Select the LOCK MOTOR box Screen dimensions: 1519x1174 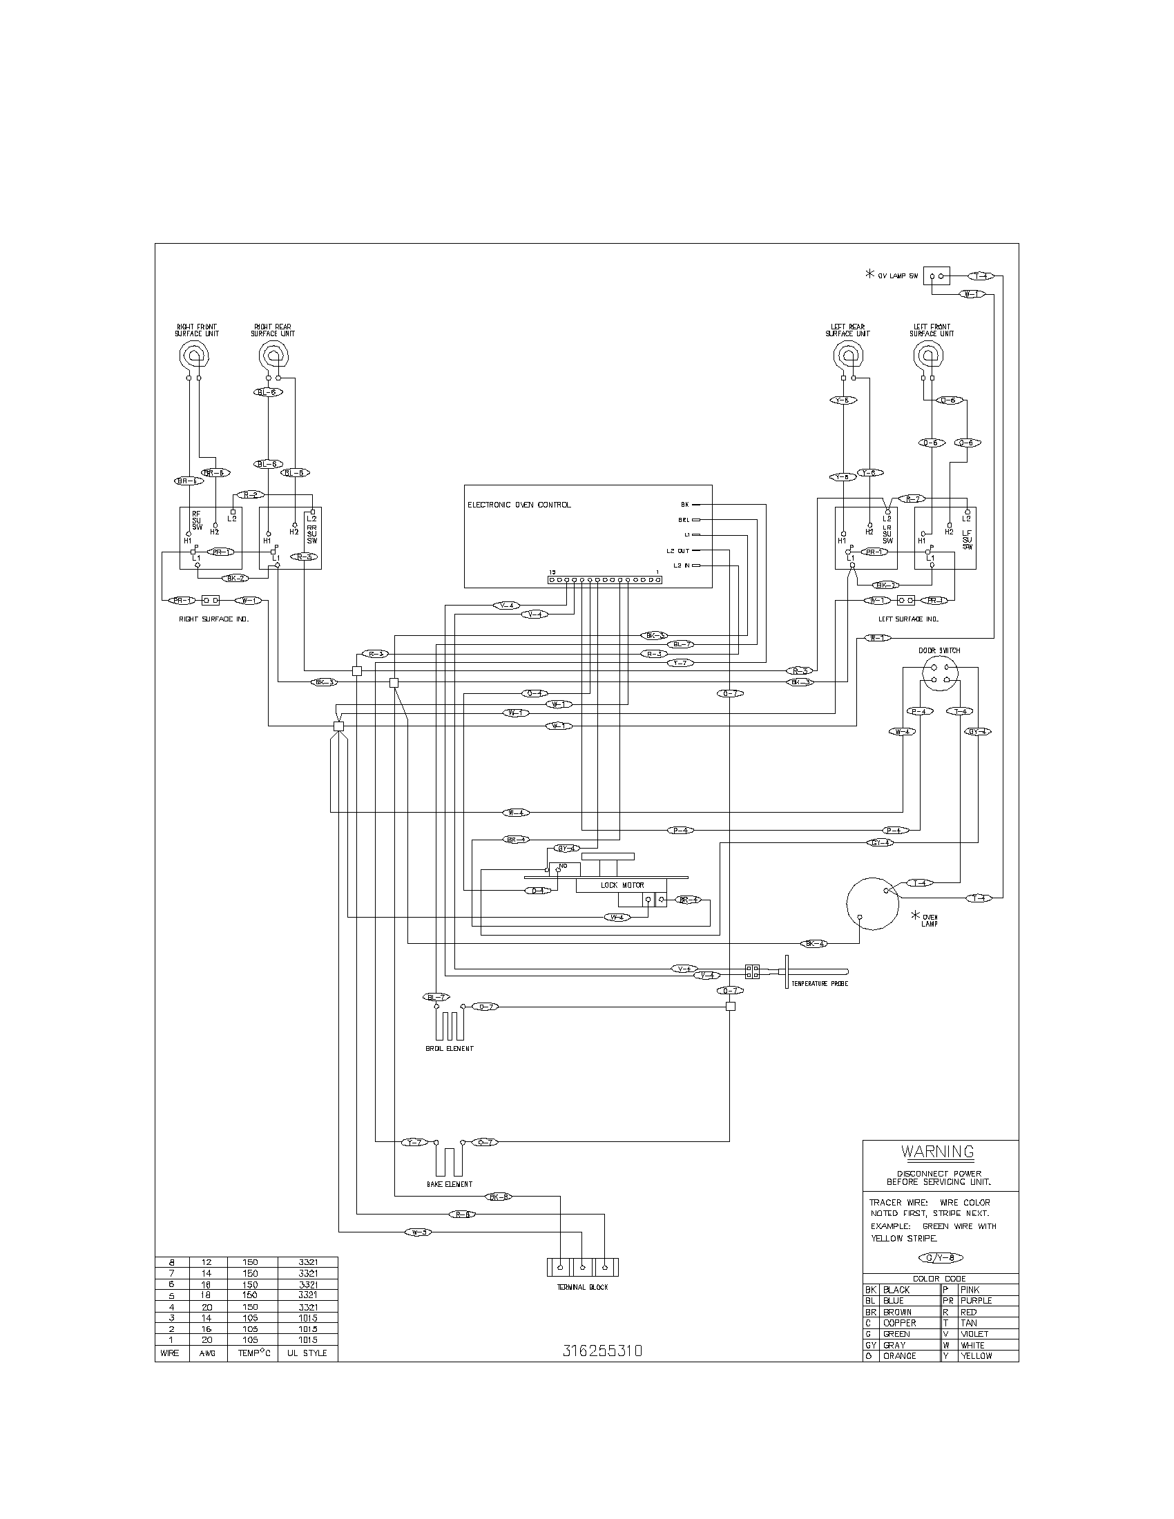point(622,885)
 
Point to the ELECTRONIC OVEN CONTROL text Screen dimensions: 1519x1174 point(519,505)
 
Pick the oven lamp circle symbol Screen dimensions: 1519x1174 point(873,903)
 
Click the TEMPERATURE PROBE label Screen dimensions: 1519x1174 point(819,984)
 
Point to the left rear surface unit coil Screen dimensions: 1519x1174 point(847,358)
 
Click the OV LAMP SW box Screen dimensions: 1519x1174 point(937,276)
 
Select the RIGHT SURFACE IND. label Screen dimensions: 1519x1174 point(213,619)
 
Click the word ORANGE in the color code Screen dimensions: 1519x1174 point(899,1355)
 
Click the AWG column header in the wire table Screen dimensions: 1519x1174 point(207,1353)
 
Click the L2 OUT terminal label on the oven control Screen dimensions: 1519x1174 point(677,550)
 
